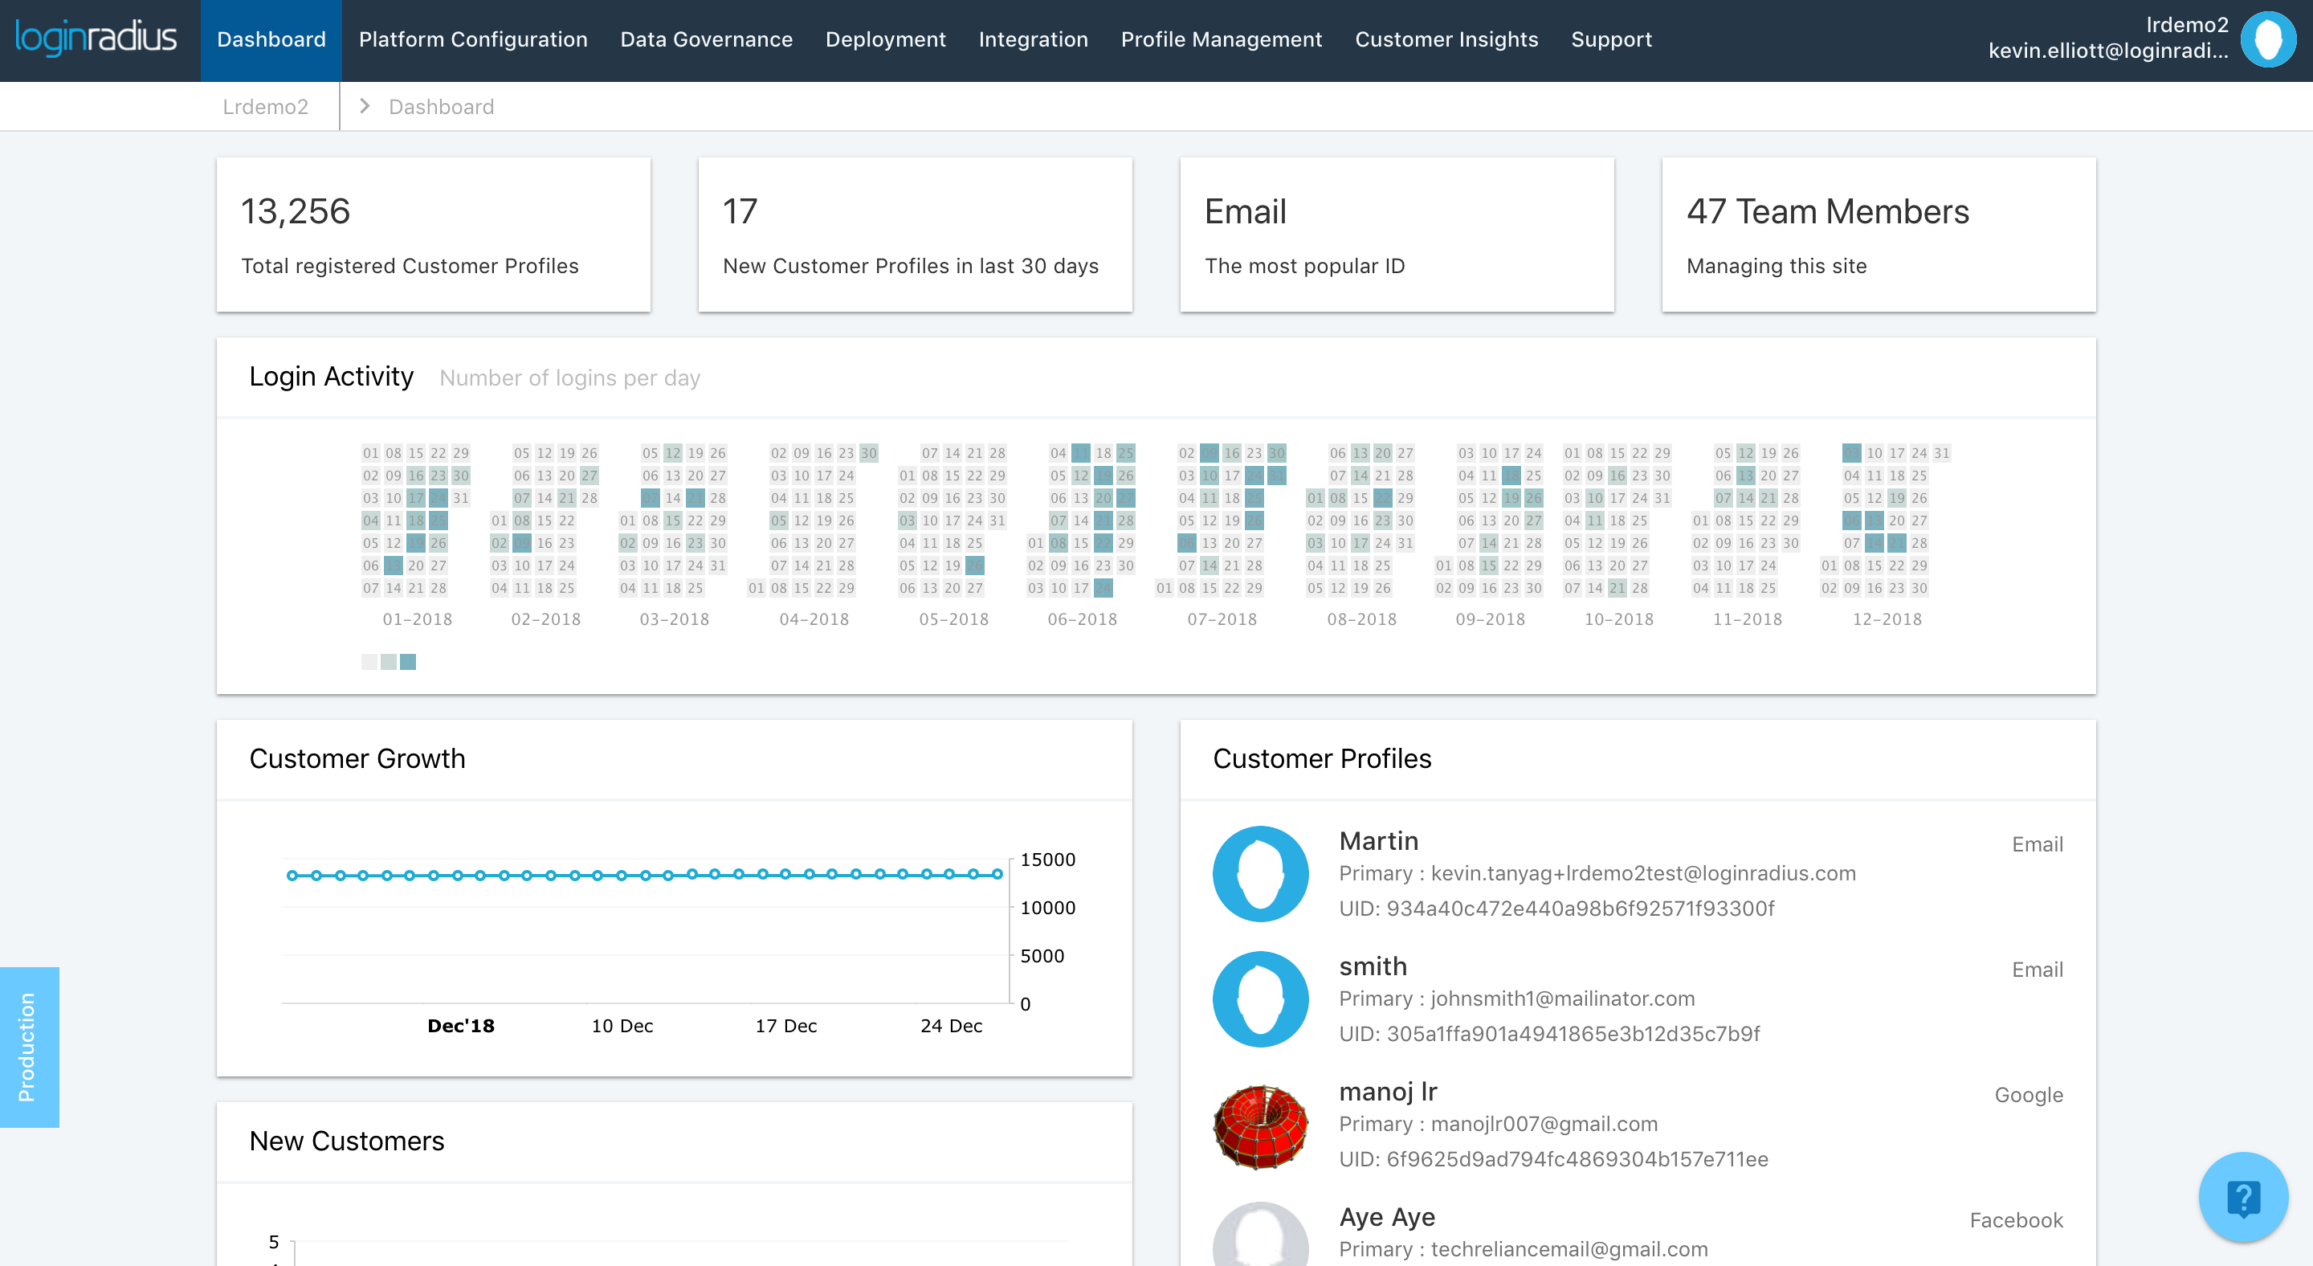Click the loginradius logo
point(96,38)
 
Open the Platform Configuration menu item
point(472,39)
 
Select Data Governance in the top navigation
point(706,39)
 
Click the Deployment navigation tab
point(884,39)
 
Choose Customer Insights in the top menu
point(1446,39)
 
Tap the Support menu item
point(1611,39)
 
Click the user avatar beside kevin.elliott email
point(2267,39)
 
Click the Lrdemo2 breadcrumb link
point(265,107)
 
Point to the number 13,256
point(295,212)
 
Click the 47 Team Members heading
point(1827,212)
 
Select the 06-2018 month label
point(1082,619)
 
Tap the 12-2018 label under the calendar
point(1887,619)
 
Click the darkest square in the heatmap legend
point(408,662)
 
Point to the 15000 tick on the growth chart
point(1047,860)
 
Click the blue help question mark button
point(2242,1198)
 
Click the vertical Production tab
point(28,1047)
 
